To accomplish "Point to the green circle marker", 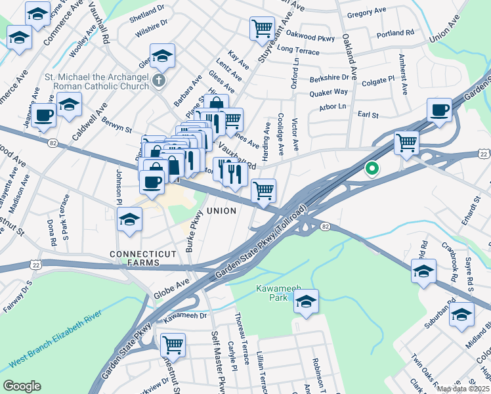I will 372,169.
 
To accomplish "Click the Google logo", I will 22,385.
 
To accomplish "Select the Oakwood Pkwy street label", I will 312,37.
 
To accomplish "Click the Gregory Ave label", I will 366,13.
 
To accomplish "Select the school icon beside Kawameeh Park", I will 305,301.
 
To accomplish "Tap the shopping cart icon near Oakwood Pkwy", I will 262,28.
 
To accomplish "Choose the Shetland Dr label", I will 147,11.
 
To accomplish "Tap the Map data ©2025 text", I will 462,389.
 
